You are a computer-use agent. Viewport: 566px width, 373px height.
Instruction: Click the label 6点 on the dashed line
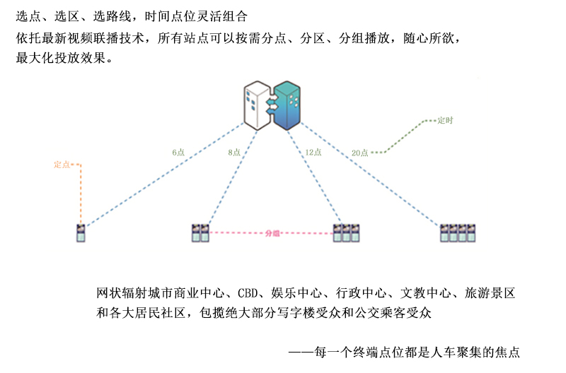coord(178,152)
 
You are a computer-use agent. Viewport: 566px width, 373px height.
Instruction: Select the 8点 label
coord(234,152)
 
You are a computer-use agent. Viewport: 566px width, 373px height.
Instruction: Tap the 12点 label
coord(313,152)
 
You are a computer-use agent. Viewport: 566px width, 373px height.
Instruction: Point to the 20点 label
coord(359,152)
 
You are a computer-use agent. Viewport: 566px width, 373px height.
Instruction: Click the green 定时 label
coord(446,121)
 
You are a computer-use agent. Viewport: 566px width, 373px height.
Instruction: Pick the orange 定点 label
coord(62,165)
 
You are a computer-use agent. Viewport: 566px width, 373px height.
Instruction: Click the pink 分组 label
coord(272,233)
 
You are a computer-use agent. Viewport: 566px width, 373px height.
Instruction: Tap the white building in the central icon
coord(256,104)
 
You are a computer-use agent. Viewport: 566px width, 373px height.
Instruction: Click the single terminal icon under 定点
coord(81,233)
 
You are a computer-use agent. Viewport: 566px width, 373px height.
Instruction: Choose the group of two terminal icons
coord(200,233)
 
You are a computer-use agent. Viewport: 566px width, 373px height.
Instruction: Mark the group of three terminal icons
coord(347,233)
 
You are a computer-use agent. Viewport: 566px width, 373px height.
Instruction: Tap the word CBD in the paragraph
coord(248,292)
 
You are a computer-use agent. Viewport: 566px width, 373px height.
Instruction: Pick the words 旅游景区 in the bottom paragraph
coord(492,292)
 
